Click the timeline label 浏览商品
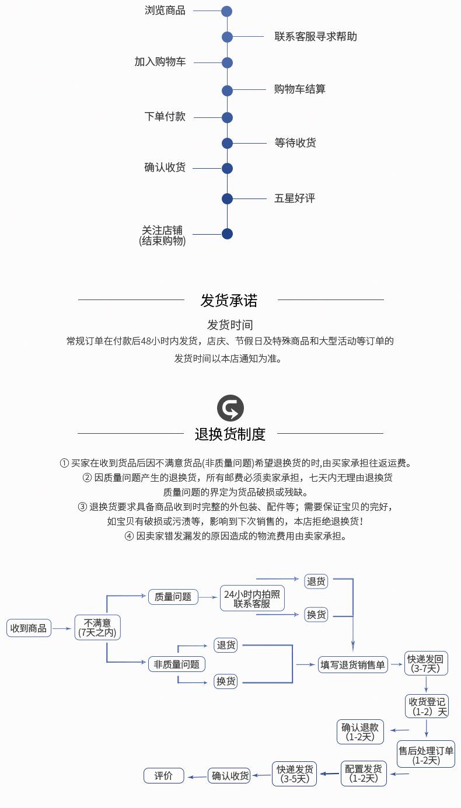tap(165, 11)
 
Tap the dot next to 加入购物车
tap(227, 62)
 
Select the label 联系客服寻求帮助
tap(316, 37)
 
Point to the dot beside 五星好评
tap(227, 198)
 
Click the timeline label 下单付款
tap(165, 117)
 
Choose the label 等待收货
tap(295, 143)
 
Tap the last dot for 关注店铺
tap(227, 234)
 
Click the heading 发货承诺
tap(229, 300)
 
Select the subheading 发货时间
tap(230, 325)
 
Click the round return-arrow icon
tap(230, 408)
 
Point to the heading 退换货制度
tap(230, 434)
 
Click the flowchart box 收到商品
tap(29, 628)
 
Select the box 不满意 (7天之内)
tap(97, 627)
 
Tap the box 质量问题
tap(173, 597)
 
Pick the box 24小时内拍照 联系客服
tap(252, 598)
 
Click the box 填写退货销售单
tap(353, 664)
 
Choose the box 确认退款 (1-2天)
tap(360, 732)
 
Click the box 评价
tap(164, 775)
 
